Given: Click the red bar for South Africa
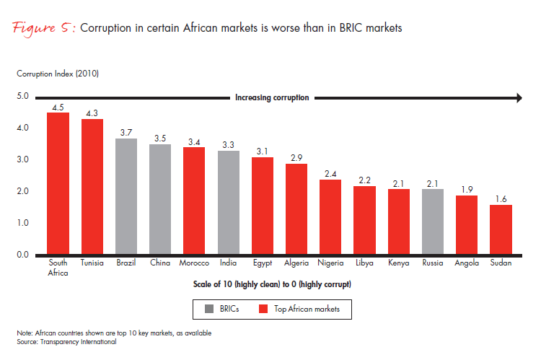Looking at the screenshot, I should [x=58, y=184].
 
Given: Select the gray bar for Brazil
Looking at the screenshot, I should [x=126, y=196].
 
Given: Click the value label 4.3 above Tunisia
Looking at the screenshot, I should [x=92, y=113].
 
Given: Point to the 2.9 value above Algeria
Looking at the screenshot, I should [x=297, y=157].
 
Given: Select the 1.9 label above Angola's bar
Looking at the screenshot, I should [x=466, y=189].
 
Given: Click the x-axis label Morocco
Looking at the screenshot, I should [x=195, y=263].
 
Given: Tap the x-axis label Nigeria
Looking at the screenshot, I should [x=331, y=263].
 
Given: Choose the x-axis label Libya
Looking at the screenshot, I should [x=365, y=263].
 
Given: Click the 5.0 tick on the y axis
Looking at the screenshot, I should [x=22, y=96].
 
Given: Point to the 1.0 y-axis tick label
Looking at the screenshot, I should [x=22, y=223].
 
